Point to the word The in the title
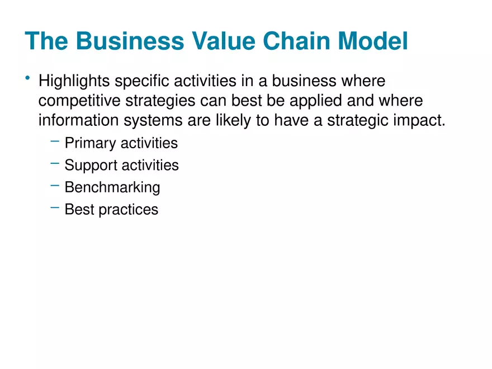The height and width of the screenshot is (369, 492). (47, 42)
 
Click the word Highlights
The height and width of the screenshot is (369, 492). (74, 82)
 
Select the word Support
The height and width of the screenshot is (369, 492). (89, 165)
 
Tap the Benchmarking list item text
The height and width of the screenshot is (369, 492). (112, 187)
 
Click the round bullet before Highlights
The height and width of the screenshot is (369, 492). (28, 78)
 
